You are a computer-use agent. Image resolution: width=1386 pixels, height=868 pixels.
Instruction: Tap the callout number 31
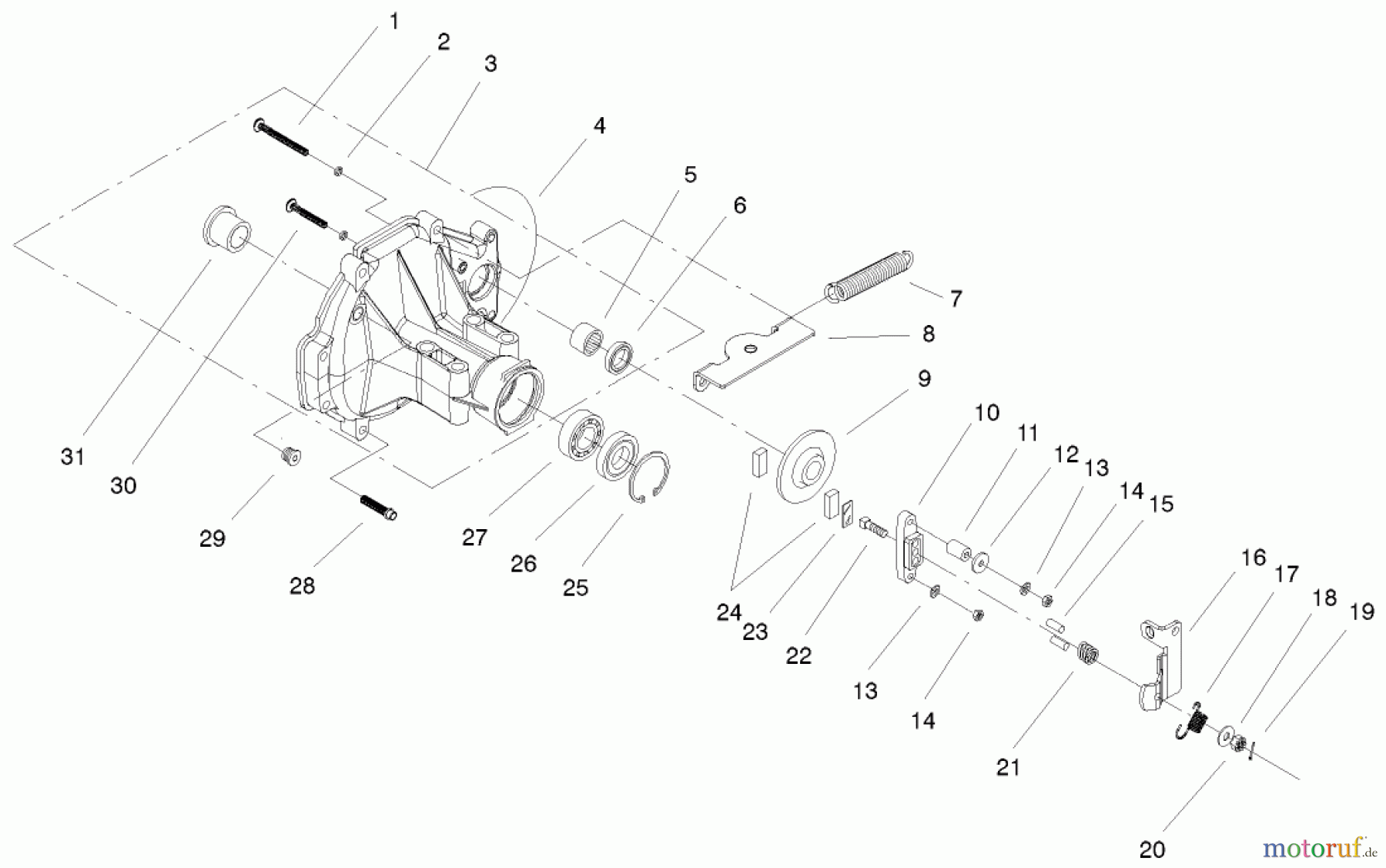click(72, 457)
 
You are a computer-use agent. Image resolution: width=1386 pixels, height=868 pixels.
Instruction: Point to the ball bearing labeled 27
click(581, 435)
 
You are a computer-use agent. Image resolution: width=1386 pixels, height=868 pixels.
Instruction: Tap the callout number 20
click(1152, 850)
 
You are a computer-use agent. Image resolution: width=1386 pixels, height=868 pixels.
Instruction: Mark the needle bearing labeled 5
click(585, 339)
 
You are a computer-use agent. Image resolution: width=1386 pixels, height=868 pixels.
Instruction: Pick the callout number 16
click(1254, 558)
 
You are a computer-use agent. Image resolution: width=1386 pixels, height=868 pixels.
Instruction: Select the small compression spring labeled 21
click(1086, 655)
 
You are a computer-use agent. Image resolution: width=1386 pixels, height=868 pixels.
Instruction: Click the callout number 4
click(599, 126)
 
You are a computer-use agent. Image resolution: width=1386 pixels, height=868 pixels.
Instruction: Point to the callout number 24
click(728, 612)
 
